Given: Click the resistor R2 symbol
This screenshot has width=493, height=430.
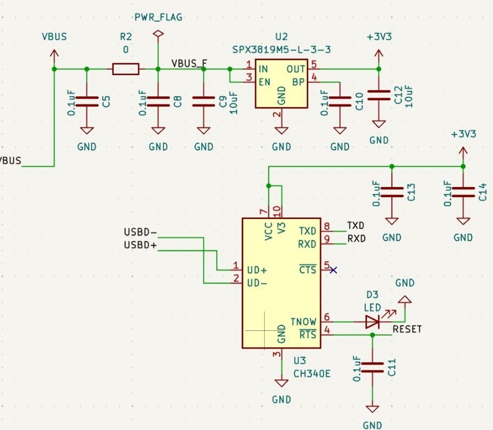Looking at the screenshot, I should [x=126, y=69].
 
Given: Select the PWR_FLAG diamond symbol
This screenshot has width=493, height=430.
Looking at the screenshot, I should [x=157, y=34].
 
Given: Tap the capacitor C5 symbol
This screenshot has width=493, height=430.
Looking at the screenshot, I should [x=87, y=101].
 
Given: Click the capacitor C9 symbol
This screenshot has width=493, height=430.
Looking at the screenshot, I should [x=203, y=101].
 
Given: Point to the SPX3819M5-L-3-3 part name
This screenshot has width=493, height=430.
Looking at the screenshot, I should [x=281, y=50].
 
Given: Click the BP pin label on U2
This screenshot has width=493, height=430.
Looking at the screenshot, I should [x=298, y=82].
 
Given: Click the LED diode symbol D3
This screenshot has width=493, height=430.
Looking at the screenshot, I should [x=372, y=321].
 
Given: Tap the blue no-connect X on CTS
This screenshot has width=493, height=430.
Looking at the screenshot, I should [x=333, y=270].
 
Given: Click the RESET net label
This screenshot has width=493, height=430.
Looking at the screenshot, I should [x=407, y=329].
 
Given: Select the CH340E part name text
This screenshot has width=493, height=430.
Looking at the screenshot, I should [x=312, y=374].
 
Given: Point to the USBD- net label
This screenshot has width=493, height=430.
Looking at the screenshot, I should [x=140, y=233].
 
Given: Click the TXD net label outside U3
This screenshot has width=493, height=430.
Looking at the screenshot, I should [x=356, y=225].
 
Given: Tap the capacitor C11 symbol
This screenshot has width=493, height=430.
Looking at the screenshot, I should [x=372, y=367].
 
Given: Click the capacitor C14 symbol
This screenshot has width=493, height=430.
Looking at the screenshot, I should [x=463, y=192].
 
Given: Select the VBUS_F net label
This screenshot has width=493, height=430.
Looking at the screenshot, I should [x=189, y=63].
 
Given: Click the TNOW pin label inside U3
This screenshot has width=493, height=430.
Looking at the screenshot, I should [x=303, y=322].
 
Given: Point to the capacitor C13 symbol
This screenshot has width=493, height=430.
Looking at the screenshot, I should [x=392, y=192].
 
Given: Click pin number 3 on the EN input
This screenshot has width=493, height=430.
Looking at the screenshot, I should [x=249, y=78].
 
